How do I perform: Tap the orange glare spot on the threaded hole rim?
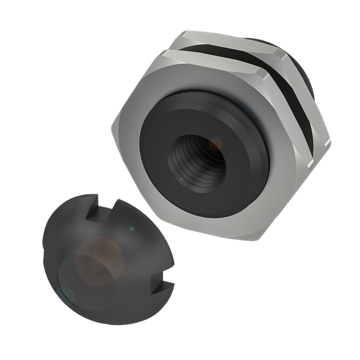coord(216,144)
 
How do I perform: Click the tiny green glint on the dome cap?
coord(132,228)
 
